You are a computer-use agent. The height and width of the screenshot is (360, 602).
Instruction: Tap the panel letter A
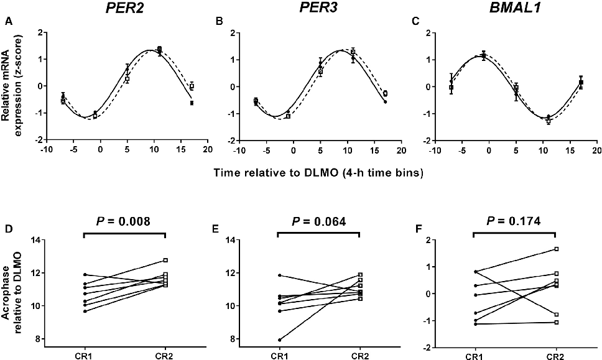8,22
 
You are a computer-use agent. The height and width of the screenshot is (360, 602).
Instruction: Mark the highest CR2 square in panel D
165,260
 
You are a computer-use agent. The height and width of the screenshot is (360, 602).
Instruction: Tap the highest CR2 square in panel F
556,249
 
